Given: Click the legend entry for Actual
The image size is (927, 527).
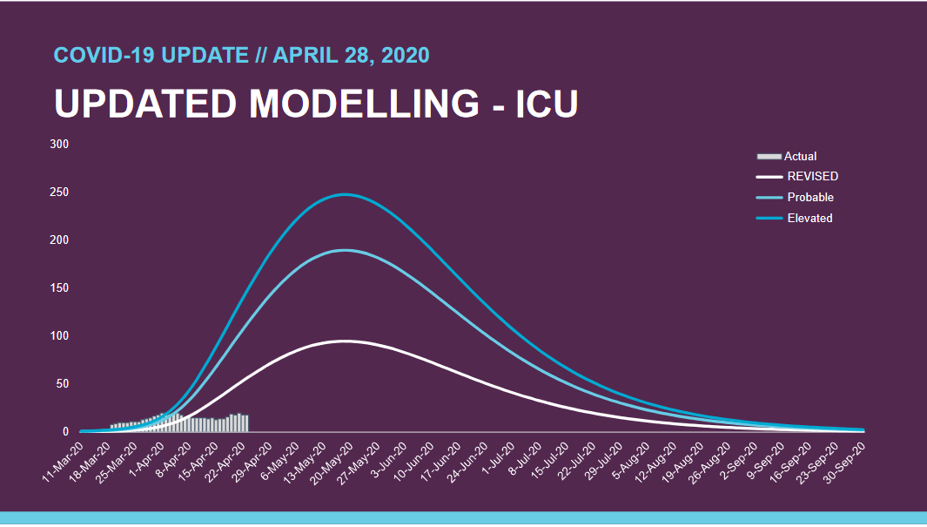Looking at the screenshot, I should point(800,157).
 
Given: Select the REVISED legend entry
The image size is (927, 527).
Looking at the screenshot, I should point(812,176).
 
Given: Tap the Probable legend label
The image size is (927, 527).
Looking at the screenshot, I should point(809,197).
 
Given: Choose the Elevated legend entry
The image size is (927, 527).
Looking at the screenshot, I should point(809,218).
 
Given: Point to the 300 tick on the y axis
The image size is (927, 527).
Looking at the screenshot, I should point(58,144).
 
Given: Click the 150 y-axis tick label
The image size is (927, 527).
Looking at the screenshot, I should point(58,287).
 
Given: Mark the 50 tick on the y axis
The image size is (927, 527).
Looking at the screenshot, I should point(62,383).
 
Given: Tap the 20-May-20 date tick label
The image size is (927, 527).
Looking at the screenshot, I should point(336,458).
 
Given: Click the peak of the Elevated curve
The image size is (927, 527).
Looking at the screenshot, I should point(345,194).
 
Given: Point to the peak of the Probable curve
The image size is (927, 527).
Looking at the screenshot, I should point(345,250).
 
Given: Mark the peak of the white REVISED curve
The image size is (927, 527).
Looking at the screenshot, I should point(345,341).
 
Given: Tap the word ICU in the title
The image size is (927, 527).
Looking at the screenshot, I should point(547,104).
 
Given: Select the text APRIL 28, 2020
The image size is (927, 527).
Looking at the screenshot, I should point(351,55).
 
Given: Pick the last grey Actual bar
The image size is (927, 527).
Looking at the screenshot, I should point(247,423).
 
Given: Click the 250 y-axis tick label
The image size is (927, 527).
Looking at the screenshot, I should point(58,192).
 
